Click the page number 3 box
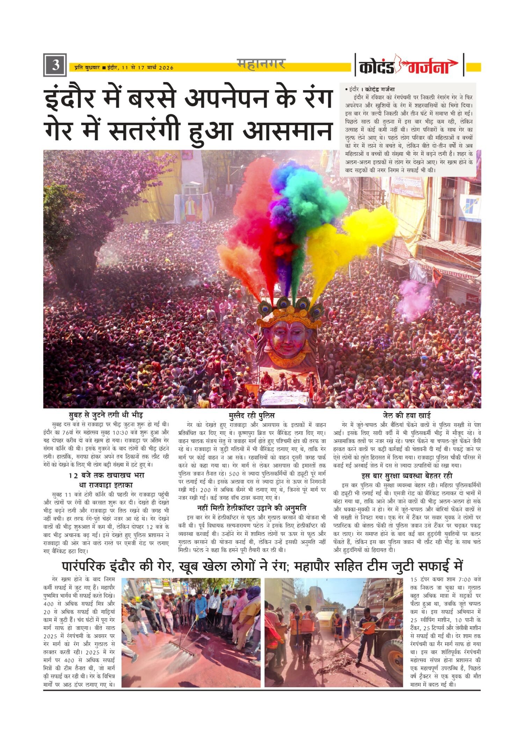coord(55,65)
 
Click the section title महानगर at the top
coord(261,64)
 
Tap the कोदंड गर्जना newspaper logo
coord(409,65)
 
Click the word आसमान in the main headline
coord(288,131)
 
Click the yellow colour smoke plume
coord(353,238)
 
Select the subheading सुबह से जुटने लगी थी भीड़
coord(105,415)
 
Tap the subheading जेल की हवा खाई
coord(407,415)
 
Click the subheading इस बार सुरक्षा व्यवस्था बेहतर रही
coord(407,476)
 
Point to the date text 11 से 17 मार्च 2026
coord(148,68)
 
